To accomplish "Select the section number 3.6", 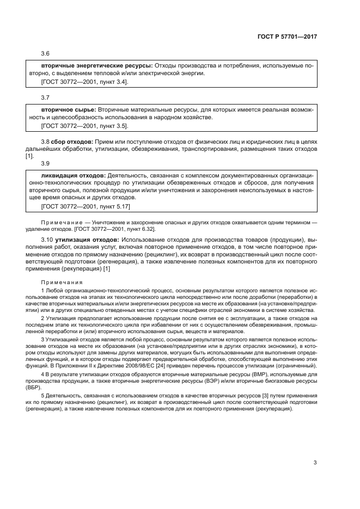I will click(45, 54).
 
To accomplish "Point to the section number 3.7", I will click(45, 97).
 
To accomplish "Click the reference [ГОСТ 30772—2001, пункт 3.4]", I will click(84, 82).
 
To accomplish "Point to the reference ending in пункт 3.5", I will click(84, 126).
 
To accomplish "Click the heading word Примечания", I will click(61, 282).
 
